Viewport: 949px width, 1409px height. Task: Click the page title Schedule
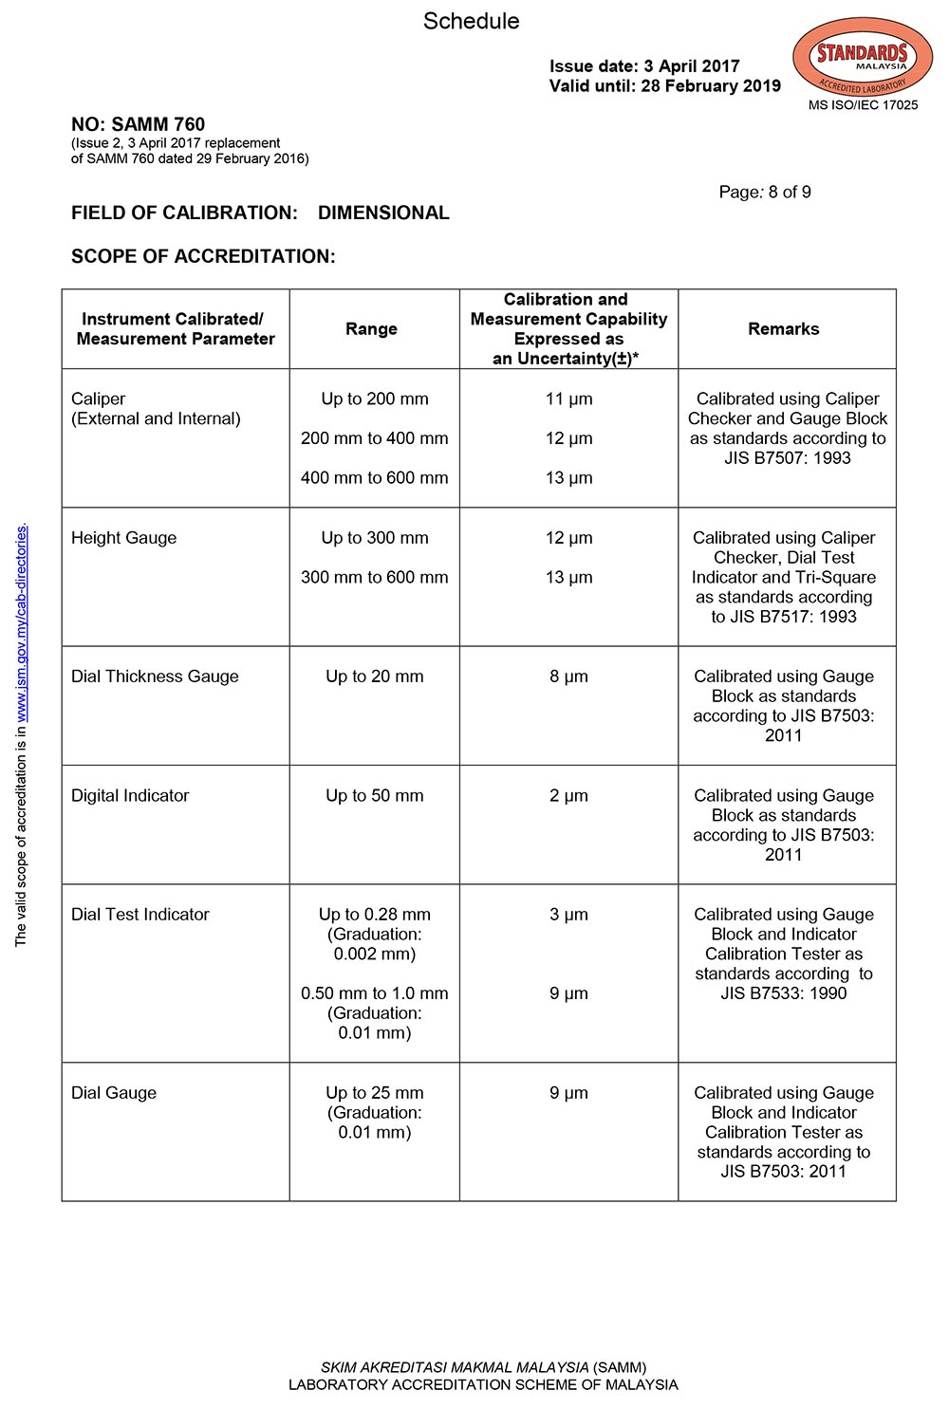[x=471, y=21]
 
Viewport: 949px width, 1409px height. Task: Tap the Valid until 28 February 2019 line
[x=664, y=86]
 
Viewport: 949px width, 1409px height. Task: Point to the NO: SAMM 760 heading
[x=138, y=124]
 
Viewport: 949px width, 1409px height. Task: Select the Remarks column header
[x=783, y=329]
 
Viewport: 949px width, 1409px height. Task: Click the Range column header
[x=371, y=329]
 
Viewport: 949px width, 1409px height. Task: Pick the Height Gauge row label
[x=123, y=538]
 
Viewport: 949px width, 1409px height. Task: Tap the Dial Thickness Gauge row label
[x=155, y=677]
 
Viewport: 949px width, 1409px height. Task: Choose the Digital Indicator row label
[x=130, y=796]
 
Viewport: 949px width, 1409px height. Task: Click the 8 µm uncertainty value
[x=568, y=677]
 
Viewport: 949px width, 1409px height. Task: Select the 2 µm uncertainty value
[x=568, y=796]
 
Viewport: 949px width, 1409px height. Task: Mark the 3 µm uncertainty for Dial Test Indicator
[x=568, y=915]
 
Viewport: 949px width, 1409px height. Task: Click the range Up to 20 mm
[x=374, y=677]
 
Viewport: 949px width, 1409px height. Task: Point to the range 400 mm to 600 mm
[x=374, y=478]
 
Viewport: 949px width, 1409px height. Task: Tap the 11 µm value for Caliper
[x=568, y=399]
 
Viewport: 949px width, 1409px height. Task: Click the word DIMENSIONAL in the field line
[x=383, y=213]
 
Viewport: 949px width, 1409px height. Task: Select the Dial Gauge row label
[x=114, y=1093]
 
